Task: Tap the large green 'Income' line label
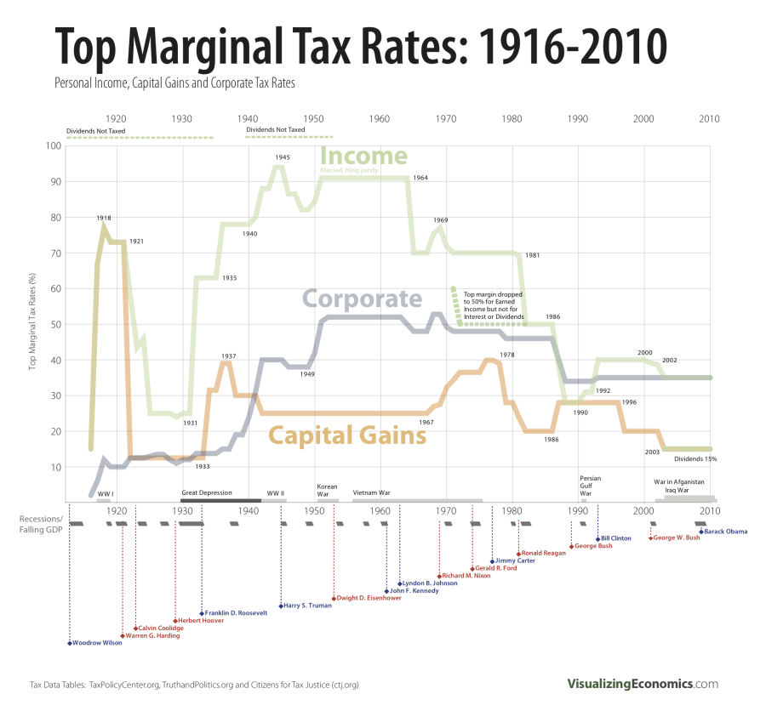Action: point(363,156)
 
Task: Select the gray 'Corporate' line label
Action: point(363,299)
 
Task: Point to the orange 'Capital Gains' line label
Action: point(347,435)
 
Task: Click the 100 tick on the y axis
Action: point(54,145)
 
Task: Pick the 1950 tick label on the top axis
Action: point(313,119)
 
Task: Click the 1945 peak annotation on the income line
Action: point(283,157)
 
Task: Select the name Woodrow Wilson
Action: point(97,643)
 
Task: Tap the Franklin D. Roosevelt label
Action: point(236,612)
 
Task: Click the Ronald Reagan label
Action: point(544,554)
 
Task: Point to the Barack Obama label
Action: point(726,532)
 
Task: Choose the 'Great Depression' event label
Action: point(206,492)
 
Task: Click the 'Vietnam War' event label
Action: point(371,492)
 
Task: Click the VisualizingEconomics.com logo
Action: point(643,684)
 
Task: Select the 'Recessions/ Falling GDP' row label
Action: point(41,524)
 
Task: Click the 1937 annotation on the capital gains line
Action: point(228,355)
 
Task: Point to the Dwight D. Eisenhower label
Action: point(369,598)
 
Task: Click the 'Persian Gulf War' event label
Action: point(591,486)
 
